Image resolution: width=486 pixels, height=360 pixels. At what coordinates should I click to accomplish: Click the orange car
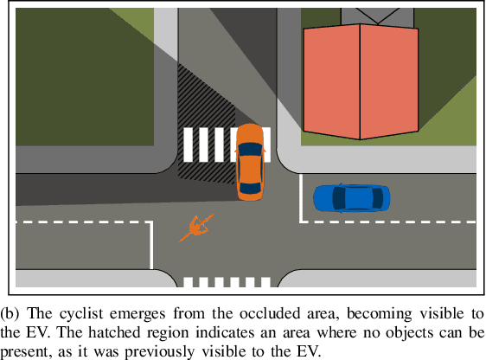pos(250,162)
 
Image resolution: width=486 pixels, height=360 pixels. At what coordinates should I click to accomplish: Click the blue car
pos(351,198)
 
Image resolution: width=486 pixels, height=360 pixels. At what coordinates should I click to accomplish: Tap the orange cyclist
pos(196,228)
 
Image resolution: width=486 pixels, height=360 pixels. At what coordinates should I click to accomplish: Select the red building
pos(361,82)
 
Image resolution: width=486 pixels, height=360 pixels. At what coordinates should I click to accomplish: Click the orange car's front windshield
pos(250,148)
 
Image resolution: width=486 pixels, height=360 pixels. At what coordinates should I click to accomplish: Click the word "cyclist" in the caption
pos(81,313)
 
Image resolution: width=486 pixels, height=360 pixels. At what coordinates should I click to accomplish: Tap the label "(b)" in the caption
pos(10,313)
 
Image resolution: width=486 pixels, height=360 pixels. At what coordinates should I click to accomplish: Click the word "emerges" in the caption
pos(137,315)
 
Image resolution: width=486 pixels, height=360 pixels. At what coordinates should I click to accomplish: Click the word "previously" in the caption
pos(160,351)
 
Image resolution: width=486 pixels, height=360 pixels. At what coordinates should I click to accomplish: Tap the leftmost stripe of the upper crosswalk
pos(188,145)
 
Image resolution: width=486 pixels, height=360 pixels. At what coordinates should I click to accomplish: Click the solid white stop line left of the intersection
pos(151,245)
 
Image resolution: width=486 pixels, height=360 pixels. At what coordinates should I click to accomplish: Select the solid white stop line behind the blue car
pos(301,198)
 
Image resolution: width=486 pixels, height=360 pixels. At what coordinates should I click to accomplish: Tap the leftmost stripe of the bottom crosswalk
pos(188,282)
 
